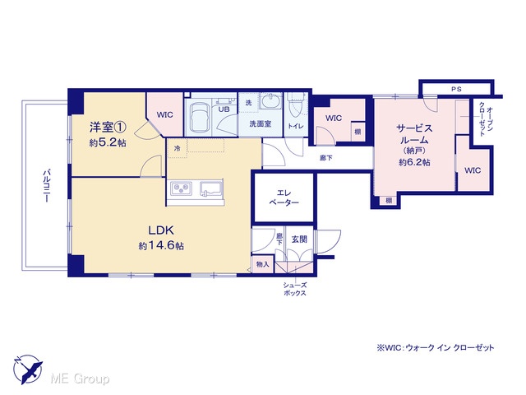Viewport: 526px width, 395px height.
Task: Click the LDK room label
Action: [161, 230]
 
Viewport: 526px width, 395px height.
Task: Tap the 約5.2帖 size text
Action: [108, 142]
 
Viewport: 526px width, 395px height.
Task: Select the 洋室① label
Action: [108, 128]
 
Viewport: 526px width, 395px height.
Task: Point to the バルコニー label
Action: [46, 186]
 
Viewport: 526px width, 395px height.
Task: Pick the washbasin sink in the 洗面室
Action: [271, 100]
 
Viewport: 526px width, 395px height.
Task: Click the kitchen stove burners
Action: [182, 188]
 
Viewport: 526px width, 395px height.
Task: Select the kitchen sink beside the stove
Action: [211, 188]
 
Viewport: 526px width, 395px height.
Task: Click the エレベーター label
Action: [284, 197]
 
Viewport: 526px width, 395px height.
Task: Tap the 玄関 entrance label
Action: [299, 239]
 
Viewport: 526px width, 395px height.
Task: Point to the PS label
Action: [456, 89]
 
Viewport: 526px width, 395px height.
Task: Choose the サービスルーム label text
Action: [414, 134]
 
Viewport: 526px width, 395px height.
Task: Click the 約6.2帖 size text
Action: [414, 162]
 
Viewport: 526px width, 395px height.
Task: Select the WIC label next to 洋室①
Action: [165, 114]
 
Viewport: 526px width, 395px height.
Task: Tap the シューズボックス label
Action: [295, 289]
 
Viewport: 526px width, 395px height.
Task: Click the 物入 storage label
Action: [262, 264]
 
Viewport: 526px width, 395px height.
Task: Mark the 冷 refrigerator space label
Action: [177, 148]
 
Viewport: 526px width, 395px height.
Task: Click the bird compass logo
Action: [28, 369]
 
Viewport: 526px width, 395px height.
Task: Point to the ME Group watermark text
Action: [80, 379]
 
